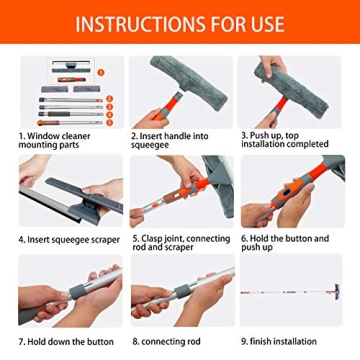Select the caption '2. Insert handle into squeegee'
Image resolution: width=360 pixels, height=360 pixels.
tap(173, 140)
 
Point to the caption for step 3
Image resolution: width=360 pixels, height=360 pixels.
tap(290, 140)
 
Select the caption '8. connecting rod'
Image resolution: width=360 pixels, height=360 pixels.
tap(165, 343)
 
